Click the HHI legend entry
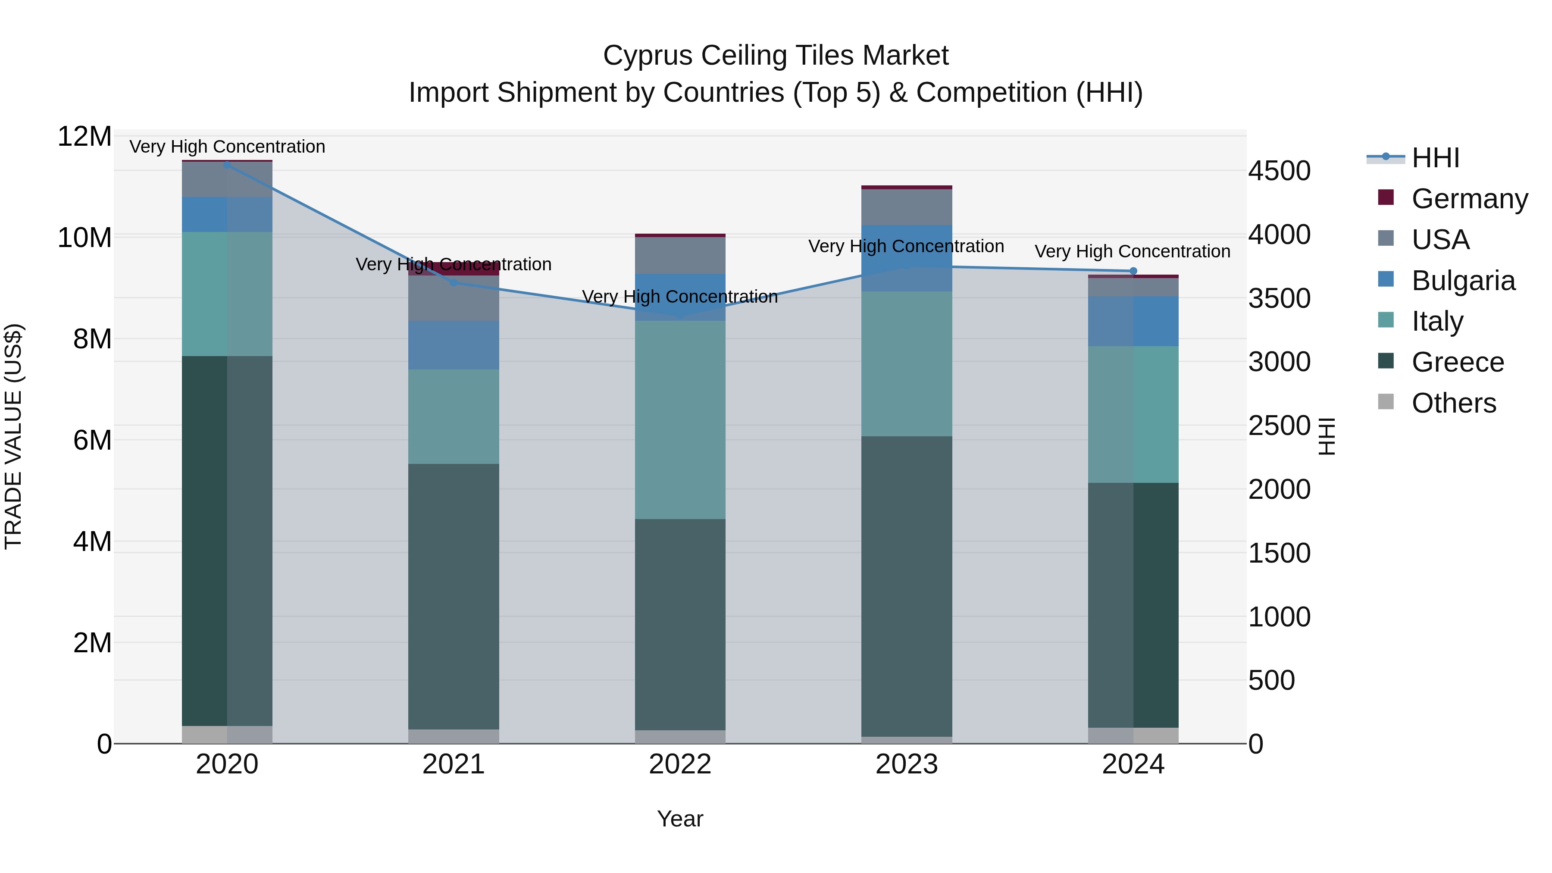point(1434,158)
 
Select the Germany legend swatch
point(1386,197)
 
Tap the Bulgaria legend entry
point(1463,281)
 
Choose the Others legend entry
point(1453,403)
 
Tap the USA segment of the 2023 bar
point(906,207)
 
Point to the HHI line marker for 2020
point(227,165)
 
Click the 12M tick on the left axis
point(84,137)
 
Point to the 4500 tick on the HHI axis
point(1279,171)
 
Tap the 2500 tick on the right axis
point(1279,426)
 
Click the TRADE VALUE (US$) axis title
point(13,436)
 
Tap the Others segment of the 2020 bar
point(227,735)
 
